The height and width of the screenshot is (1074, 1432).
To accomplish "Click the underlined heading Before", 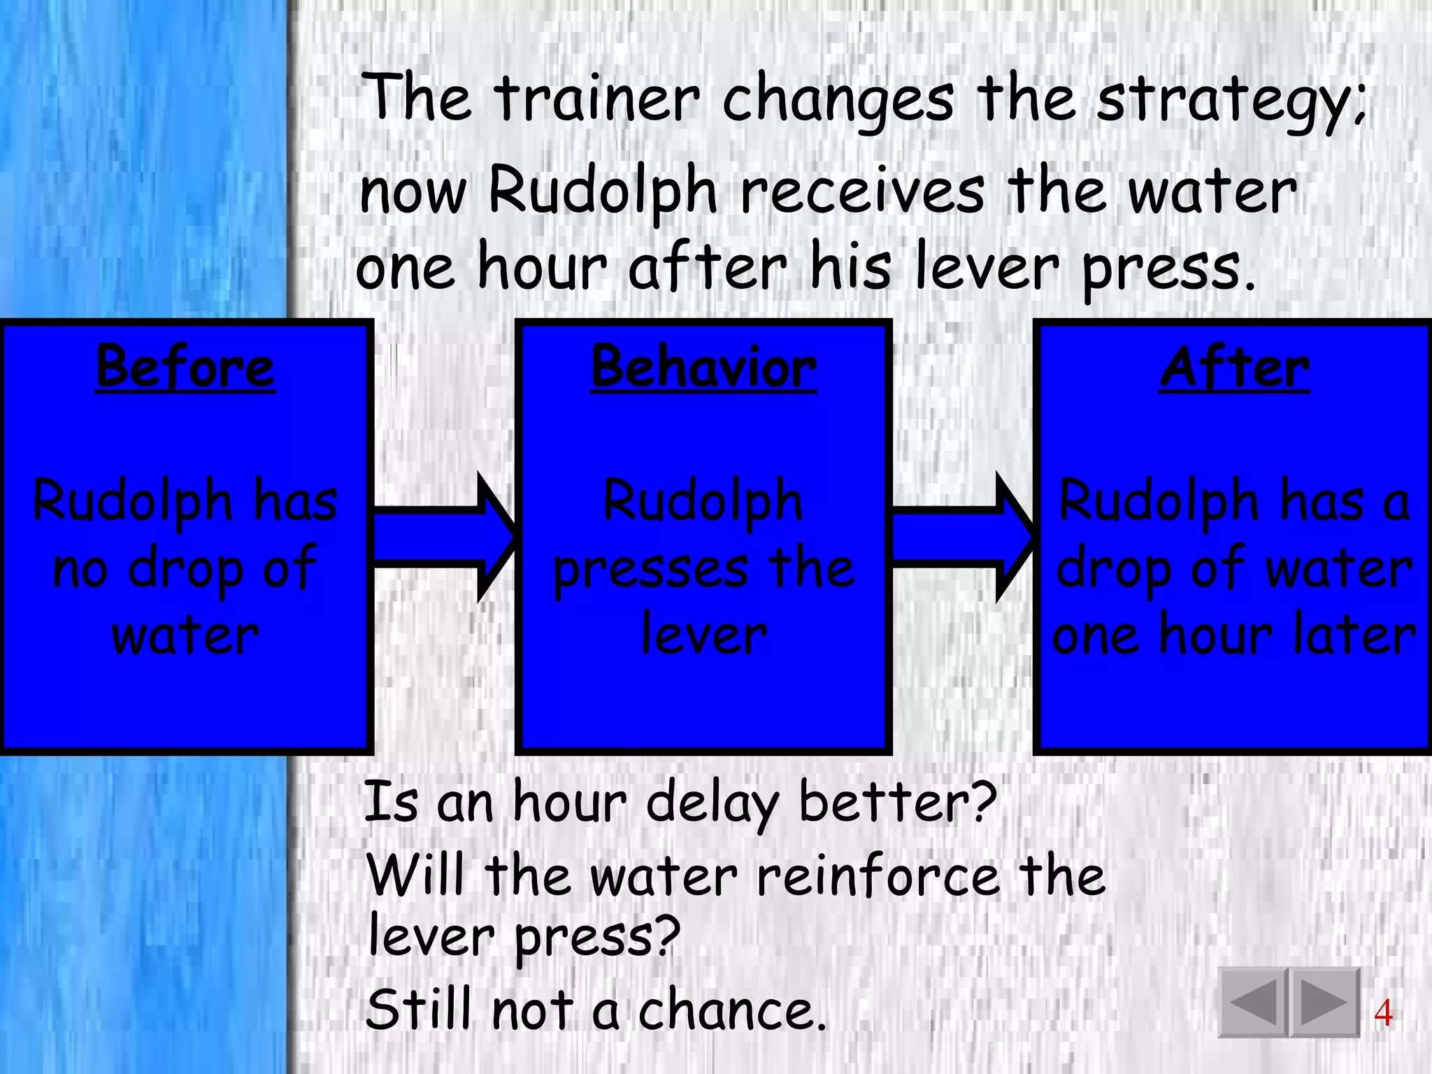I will coord(185,368).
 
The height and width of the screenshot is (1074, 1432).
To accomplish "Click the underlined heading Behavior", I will coord(703,368).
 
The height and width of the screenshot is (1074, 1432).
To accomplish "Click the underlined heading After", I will coord(1234,368).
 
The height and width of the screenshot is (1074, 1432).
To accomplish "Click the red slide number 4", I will coord(1382,1013).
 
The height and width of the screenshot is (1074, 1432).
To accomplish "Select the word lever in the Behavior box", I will coord(703,635).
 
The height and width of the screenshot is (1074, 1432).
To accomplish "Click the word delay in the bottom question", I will coord(711,803).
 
